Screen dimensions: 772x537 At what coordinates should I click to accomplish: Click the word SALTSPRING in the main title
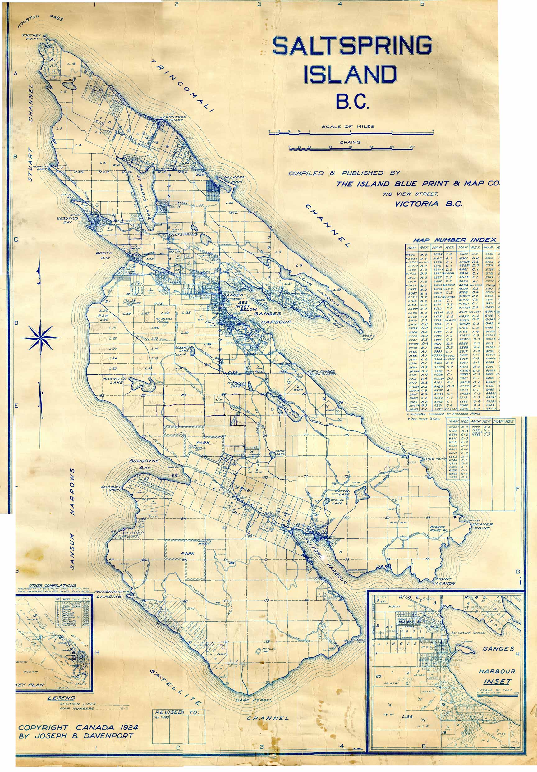(x=352, y=46)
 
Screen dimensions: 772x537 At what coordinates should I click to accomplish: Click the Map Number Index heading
(x=455, y=240)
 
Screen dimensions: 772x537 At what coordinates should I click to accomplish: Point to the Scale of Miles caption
(x=348, y=127)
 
